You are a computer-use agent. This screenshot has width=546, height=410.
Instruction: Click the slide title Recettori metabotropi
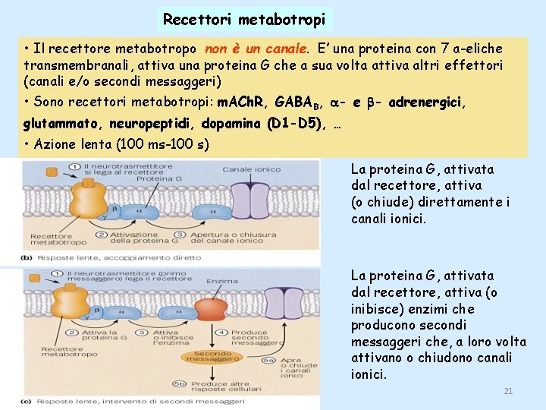click(244, 18)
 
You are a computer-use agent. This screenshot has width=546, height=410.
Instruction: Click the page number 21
click(508, 391)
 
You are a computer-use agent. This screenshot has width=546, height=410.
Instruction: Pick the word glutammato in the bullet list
click(63, 123)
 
